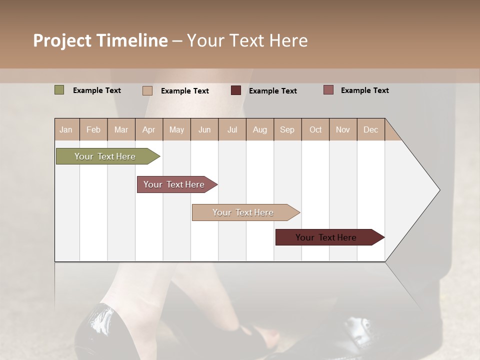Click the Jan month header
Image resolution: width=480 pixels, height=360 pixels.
point(66,129)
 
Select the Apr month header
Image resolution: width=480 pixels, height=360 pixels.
point(149,129)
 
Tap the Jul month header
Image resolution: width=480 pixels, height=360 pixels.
point(232,129)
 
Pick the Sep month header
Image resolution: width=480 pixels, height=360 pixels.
point(287,129)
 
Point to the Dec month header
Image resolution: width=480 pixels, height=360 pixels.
point(370,129)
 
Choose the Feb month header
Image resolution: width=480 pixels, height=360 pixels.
point(93,129)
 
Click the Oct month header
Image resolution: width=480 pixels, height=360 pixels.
point(315,129)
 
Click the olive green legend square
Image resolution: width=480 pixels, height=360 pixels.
point(59,90)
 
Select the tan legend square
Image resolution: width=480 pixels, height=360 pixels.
point(147,90)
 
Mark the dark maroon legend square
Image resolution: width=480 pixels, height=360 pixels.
point(236,90)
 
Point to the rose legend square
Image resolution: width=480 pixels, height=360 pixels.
point(328,90)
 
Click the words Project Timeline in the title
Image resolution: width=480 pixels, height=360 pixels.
point(100,40)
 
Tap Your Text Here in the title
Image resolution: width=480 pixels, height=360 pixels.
point(247,40)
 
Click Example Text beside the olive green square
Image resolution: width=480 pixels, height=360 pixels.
point(97,90)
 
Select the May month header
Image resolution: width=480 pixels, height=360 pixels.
point(176,129)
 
